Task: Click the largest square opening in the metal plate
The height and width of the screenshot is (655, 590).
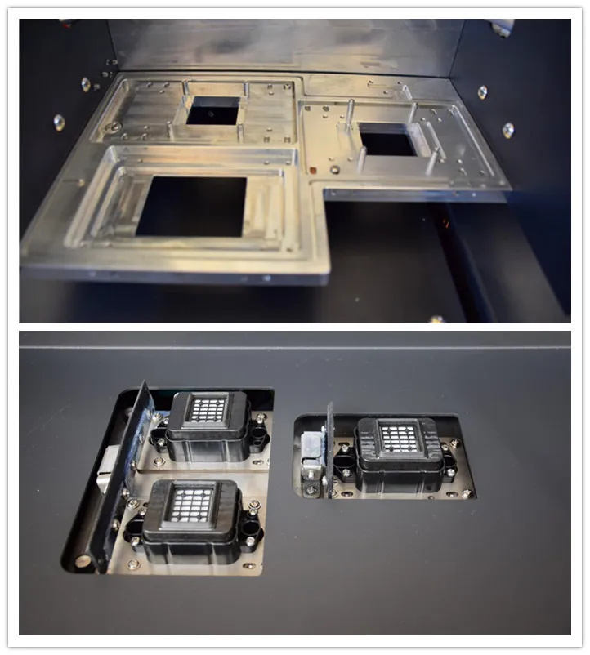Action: click(191, 206)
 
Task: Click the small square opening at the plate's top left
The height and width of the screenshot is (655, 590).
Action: click(212, 110)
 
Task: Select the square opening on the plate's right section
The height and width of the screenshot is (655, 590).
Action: click(387, 140)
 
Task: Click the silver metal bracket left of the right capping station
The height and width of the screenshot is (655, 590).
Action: click(311, 453)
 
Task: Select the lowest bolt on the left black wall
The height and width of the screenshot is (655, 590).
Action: click(59, 122)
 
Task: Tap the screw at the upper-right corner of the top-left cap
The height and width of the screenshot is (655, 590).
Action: click(260, 417)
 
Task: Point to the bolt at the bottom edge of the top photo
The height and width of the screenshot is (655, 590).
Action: click(436, 319)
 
